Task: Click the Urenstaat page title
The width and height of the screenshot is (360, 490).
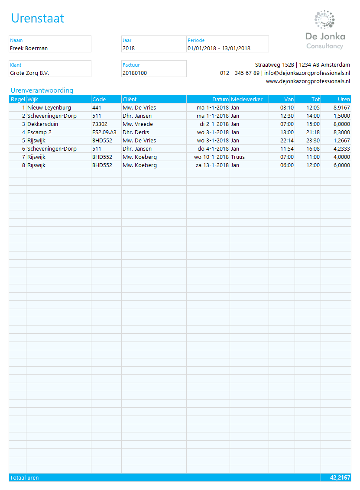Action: (x=38, y=18)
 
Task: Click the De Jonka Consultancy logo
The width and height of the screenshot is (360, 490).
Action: (x=325, y=30)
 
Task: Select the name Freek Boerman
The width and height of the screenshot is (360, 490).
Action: (x=29, y=48)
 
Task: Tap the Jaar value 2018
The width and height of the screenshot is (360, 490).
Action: (x=129, y=48)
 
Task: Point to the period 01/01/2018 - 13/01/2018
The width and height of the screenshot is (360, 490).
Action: (x=219, y=48)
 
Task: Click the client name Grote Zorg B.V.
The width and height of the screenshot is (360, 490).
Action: (x=29, y=73)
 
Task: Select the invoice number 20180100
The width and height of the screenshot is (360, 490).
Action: (x=135, y=73)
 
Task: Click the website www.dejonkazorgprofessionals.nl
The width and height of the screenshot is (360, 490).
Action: (x=308, y=81)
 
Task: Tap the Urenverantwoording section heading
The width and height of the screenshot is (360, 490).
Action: (x=42, y=90)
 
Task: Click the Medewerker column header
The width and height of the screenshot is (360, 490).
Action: (x=246, y=99)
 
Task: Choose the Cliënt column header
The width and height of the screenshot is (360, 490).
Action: (x=130, y=99)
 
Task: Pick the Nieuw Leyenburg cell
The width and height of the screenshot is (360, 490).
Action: (x=49, y=108)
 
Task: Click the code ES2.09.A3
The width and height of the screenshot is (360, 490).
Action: (x=104, y=132)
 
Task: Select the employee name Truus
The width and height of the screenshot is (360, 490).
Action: (x=238, y=157)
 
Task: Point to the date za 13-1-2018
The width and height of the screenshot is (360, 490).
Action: (x=212, y=165)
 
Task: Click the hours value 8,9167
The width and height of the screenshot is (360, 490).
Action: (x=341, y=108)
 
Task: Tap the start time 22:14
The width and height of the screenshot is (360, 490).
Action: (x=287, y=141)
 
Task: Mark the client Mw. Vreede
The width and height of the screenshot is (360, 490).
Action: (x=138, y=124)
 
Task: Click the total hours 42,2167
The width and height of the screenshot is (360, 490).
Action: (x=340, y=478)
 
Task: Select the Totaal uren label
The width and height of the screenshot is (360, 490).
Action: (x=24, y=478)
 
